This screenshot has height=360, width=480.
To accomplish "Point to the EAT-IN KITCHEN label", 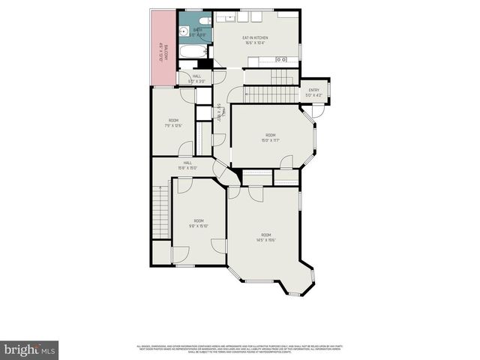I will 255,40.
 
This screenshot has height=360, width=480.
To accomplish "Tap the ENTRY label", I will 313,92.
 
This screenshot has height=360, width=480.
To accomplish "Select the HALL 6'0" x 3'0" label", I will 196,78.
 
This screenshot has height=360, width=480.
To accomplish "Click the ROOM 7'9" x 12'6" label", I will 173,123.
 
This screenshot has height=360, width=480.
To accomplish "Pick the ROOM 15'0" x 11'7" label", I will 271,137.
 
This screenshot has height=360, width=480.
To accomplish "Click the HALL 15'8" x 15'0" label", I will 188,165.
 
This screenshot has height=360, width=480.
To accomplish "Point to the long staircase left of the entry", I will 262,93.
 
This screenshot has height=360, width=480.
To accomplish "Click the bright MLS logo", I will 30,349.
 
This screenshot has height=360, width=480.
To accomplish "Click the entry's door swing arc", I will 318,109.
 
